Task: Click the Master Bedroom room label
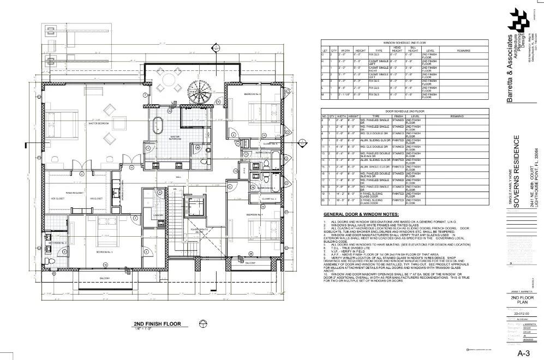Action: click(99, 124)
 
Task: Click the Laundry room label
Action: click(158, 215)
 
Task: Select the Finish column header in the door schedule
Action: click(398, 116)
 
